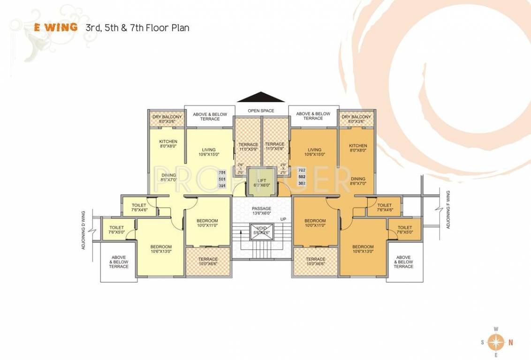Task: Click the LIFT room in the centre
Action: (x=262, y=182)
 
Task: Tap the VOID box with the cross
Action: (x=261, y=231)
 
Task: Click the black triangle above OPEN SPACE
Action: (x=261, y=97)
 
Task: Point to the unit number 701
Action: (x=222, y=172)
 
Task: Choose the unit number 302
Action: (x=302, y=183)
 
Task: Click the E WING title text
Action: (x=56, y=27)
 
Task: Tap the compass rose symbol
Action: (x=496, y=342)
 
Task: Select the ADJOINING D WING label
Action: (x=83, y=230)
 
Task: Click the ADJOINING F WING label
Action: (x=448, y=210)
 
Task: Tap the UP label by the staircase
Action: (x=283, y=219)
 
